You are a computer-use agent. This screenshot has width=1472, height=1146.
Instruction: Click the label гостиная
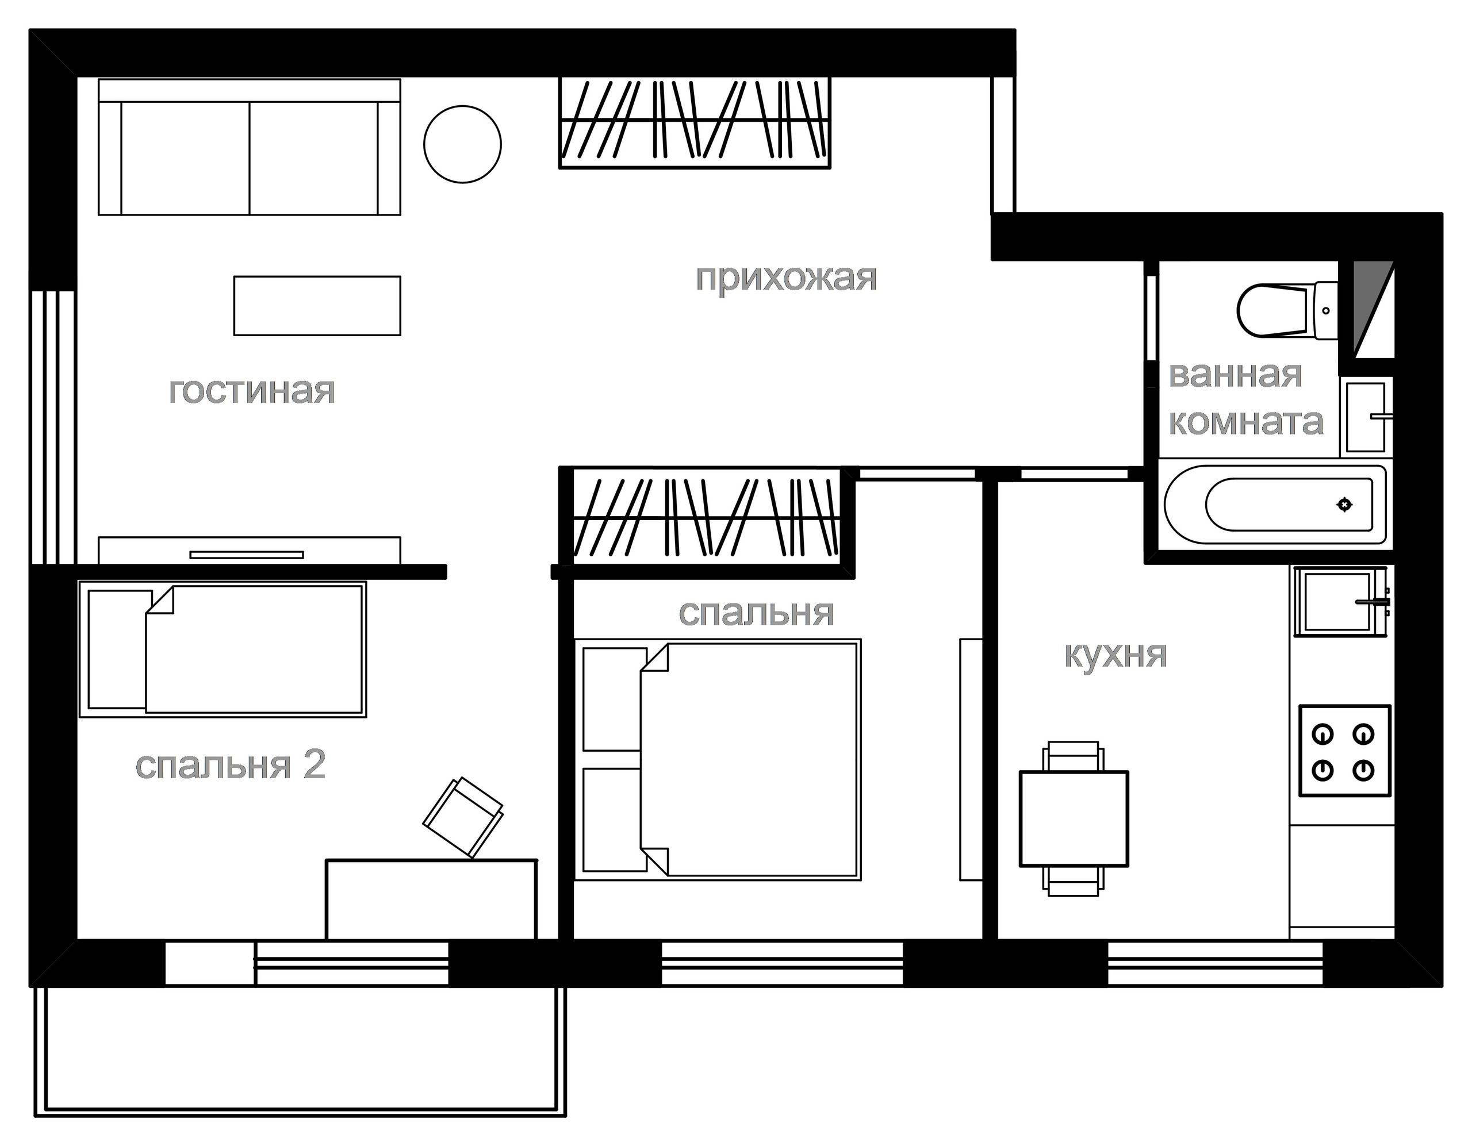pos(251,391)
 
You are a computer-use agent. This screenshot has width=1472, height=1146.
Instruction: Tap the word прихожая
pos(786,278)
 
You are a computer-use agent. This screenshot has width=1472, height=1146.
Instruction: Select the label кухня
pos(1115,654)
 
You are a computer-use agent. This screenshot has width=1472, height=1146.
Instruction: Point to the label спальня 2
pos(231,765)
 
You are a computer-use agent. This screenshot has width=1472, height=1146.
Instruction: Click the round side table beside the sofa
pos(462,144)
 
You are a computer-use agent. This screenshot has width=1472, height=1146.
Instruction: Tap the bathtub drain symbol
pos(1344,504)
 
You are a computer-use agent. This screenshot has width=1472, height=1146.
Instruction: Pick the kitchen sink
pos(1337,601)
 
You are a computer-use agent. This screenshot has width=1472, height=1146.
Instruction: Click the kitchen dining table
pos(1074,818)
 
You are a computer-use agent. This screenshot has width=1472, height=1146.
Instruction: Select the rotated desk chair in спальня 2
pos(463,817)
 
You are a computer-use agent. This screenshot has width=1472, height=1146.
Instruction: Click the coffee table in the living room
pos(317,305)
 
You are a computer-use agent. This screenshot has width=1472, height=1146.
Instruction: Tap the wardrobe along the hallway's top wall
pos(695,122)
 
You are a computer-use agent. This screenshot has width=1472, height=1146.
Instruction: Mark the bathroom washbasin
pos(1367,416)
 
